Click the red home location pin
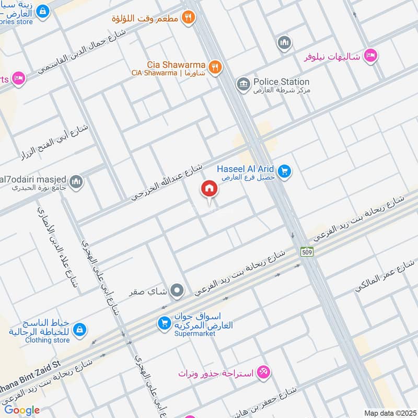click(209, 189)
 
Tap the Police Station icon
click(242, 84)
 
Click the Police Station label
click(281, 82)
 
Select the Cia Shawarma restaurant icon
click(214, 67)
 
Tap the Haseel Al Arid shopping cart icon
click(284, 171)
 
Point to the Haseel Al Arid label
click(247, 169)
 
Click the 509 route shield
click(307, 252)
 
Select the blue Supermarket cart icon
click(164, 324)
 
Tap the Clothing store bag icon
click(80, 330)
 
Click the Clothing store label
click(47, 340)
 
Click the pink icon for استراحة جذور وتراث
click(264, 372)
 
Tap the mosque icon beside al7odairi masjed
click(77, 181)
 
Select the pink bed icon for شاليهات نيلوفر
click(370, 55)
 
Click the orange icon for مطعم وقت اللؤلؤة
click(189, 18)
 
